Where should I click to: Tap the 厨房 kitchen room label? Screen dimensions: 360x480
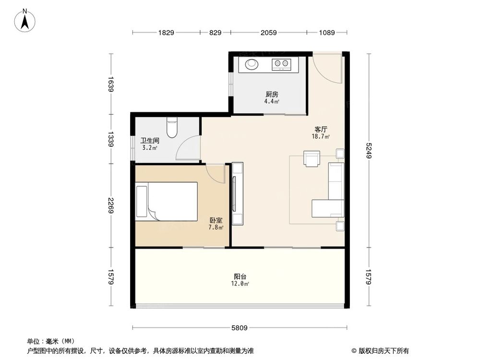(271, 95)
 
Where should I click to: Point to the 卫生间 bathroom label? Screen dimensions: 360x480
(150, 141)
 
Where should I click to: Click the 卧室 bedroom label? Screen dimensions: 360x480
(216, 220)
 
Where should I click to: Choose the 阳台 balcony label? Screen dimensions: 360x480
(240, 276)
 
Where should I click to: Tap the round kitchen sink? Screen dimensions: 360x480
(252, 63)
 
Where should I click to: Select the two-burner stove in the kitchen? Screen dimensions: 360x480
(281, 63)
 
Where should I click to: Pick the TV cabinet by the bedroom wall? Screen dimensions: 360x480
(237, 193)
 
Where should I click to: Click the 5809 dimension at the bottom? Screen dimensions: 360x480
(239, 328)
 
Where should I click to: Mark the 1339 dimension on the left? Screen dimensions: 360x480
(111, 139)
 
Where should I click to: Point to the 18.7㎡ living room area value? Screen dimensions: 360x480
(321, 137)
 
